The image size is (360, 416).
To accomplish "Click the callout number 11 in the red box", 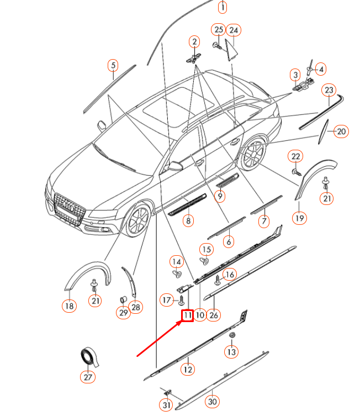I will tap(187, 315).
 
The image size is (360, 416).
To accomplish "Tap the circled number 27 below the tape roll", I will tap(88, 377).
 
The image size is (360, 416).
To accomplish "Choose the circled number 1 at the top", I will tap(222, 7).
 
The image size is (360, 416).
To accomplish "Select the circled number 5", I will tap(113, 66).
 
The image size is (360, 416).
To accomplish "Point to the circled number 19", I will tap(299, 218).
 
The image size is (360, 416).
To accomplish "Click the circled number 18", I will tap(69, 306).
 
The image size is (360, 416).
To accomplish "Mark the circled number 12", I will tap(188, 368).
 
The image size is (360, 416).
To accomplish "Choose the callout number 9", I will tap(220, 196).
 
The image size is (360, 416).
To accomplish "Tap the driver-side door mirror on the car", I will tap(174, 165).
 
